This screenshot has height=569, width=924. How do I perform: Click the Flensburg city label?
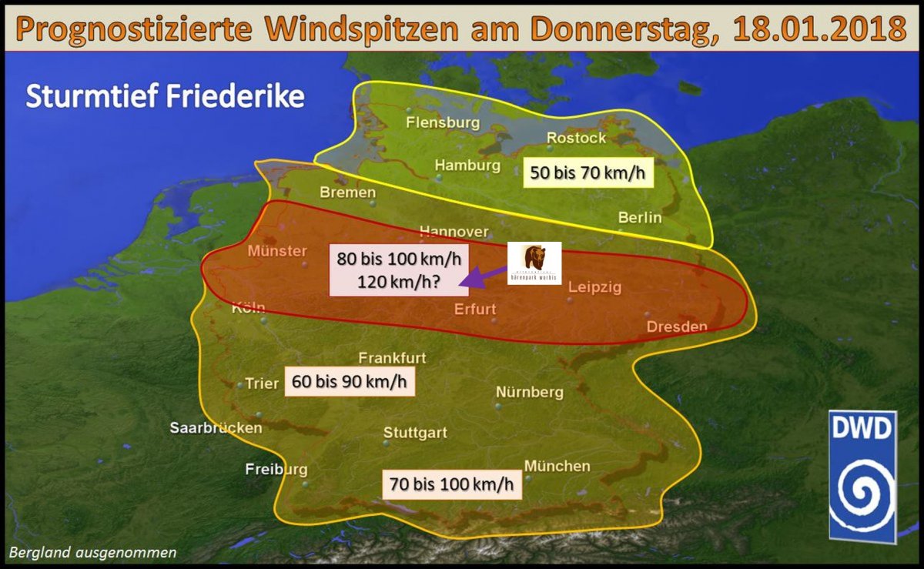click(443, 122)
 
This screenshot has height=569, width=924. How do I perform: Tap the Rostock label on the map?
click(576, 138)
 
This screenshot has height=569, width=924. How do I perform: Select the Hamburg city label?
click(467, 165)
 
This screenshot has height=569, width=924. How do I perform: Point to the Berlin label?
click(640, 218)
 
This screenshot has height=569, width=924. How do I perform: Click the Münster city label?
click(277, 252)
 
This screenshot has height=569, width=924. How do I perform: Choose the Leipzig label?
click(593, 287)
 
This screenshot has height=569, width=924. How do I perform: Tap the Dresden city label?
click(677, 326)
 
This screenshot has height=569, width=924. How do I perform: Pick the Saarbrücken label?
click(216, 427)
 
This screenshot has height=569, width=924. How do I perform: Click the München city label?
click(557, 466)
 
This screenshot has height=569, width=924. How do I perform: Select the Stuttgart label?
click(415, 433)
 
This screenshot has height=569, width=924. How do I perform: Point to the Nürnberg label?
click(529, 392)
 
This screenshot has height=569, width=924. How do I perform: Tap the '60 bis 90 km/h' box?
click(350, 381)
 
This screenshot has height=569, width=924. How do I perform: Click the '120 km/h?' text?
click(399, 280)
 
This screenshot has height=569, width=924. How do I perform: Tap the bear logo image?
click(534, 263)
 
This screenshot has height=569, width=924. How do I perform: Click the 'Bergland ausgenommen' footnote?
click(92, 552)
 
